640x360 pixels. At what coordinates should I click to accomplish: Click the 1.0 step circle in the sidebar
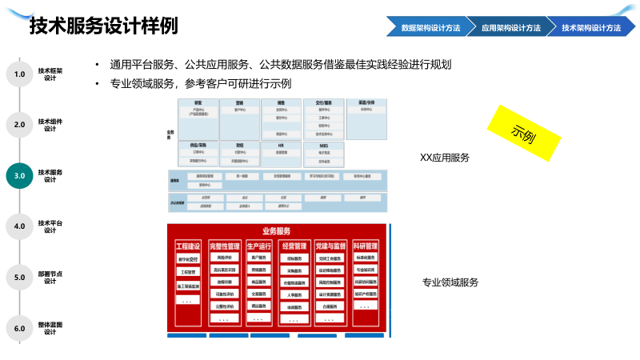tap(20, 74)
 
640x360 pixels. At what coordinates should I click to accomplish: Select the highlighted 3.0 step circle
tap(20, 175)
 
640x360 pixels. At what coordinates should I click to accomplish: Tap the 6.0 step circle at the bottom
tap(20, 328)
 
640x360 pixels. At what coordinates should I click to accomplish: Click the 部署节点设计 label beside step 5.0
tap(50, 277)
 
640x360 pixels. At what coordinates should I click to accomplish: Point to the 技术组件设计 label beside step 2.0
tap(50, 124)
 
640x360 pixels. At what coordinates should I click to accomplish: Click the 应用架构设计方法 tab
tap(510, 27)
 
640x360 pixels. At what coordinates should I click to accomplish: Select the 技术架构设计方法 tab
tap(591, 27)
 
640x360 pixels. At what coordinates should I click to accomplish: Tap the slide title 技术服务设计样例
tap(103, 27)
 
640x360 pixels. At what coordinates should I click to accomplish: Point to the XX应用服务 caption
tap(445, 158)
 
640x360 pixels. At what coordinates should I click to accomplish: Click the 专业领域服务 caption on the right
tap(450, 282)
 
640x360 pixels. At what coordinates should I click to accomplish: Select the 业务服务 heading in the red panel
tap(276, 231)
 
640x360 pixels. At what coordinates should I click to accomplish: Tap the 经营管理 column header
tap(296, 246)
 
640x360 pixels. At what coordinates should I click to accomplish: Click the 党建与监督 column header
tap(331, 246)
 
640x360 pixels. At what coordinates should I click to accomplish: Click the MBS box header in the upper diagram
tap(324, 146)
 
